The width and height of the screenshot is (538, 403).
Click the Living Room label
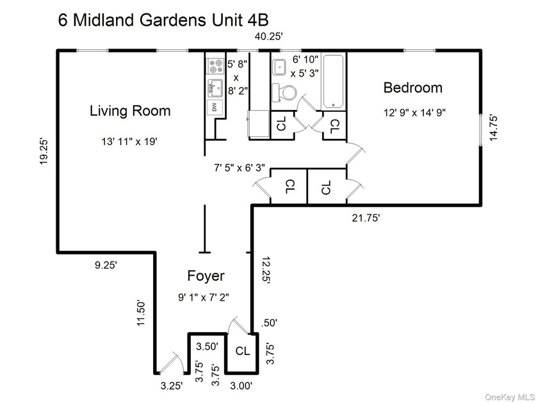pos(130,111)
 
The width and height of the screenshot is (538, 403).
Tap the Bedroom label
pos(412,88)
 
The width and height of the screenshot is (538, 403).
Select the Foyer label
pos(206,276)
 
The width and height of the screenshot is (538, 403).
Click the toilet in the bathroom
pos(284,93)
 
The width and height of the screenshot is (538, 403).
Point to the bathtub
pos(333,81)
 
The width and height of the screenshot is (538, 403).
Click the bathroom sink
pos(281,67)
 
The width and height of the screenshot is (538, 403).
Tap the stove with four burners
pos(215,66)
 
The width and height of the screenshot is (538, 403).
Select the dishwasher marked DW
pos(215,107)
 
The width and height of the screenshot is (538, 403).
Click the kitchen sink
pos(215,88)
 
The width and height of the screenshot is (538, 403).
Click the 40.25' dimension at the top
pos(268,36)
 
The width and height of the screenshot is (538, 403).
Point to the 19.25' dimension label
pos(44,151)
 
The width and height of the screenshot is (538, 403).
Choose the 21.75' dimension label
pos(366,217)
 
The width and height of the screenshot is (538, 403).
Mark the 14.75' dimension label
pos(493,127)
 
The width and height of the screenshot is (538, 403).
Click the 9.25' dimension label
pos(106,265)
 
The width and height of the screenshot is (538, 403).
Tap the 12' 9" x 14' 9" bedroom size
pos(414,113)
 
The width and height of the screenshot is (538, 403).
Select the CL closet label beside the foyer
pos(243,351)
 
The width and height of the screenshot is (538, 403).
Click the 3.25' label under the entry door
pos(172,386)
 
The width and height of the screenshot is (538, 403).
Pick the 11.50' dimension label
pos(142,313)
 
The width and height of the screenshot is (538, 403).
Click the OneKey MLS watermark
pos(510,397)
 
